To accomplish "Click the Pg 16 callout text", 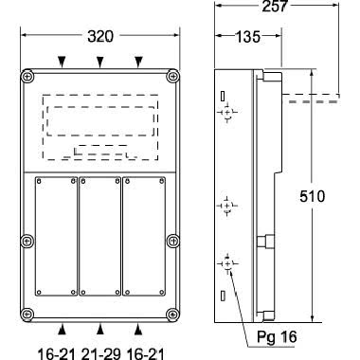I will (x=277, y=336).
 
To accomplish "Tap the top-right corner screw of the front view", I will (x=171, y=76).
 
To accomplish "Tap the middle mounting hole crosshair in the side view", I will (x=227, y=205).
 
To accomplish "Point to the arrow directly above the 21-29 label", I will (x=100, y=329).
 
